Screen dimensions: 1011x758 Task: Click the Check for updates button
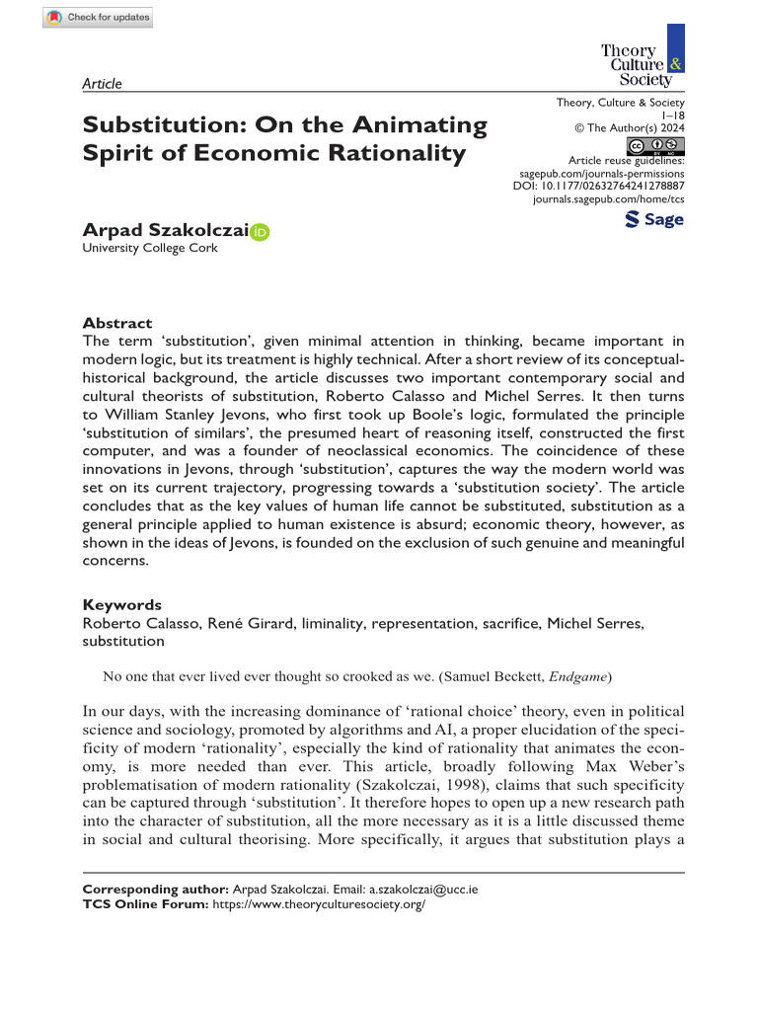point(98,18)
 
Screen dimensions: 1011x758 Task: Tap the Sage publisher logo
point(654,219)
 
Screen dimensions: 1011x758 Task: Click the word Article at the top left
point(103,84)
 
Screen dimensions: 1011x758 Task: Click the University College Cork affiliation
point(150,249)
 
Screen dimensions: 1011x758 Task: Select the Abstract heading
point(117,323)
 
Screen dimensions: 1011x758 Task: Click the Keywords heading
point(122,604)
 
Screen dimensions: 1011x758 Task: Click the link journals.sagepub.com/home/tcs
point(608,198)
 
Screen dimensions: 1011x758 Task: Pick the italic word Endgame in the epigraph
point(578,676)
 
